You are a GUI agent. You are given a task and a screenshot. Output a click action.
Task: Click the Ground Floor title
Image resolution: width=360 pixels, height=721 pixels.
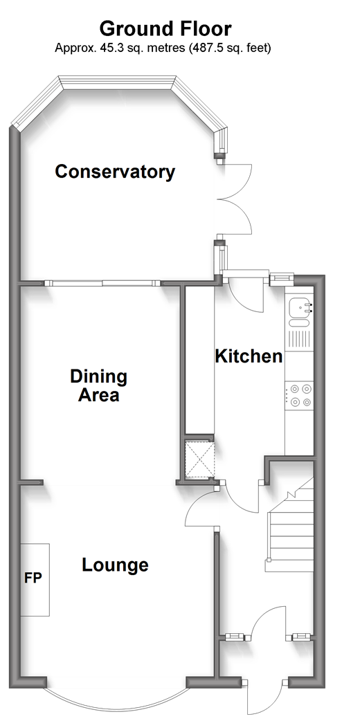165,28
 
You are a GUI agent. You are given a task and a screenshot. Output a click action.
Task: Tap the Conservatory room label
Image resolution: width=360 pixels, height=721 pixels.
115,172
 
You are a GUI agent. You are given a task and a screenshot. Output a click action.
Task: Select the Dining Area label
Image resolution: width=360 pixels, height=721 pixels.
98,385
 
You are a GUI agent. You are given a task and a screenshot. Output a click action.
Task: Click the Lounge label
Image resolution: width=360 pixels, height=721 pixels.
115,565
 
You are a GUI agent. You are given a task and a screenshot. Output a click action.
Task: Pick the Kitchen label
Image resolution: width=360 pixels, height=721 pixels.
249,356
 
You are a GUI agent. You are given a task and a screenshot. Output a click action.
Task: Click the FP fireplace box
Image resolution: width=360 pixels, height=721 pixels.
35,579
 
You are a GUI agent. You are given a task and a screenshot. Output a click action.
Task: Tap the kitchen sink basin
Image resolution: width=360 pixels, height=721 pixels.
299,306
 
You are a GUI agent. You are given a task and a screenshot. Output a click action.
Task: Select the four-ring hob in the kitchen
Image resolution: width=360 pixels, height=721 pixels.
299,396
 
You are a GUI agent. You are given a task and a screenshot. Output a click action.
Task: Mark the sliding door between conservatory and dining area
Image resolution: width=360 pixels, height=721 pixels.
102,283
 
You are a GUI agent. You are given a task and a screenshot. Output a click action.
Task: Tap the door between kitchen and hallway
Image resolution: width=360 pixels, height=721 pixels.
241,497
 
